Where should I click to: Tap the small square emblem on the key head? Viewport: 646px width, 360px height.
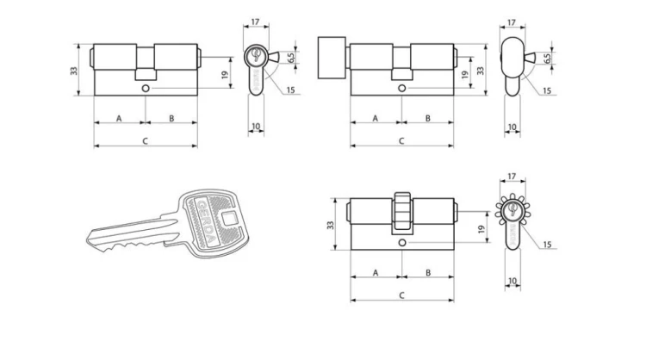point(229,218)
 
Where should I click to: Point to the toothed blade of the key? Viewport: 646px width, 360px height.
point(130,237)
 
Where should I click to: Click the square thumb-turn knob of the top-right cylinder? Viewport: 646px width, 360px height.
point(332,58)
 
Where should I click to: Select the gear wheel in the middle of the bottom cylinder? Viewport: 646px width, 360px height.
point(402,213)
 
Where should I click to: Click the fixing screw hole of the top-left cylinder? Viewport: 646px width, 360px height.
point(146,88)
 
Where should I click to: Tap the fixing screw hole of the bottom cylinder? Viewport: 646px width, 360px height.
point(402,243)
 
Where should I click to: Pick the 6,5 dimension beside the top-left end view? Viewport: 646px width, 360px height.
point(292,58)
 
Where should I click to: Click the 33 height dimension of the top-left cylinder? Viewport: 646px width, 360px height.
point(74,71)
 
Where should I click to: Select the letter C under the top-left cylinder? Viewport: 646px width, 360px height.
point(145,141)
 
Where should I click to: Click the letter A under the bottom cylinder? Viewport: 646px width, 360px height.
point(376,273)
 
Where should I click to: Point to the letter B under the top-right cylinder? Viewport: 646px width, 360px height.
point(427,118)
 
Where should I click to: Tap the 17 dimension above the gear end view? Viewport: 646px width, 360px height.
point(512,177)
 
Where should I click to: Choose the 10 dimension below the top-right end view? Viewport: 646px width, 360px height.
point(512,127)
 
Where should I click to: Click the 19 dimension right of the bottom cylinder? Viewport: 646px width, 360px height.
point(481,229)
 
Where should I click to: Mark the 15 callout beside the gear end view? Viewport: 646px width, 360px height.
point(547,245)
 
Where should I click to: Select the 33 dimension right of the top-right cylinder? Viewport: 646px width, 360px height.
point(481,71)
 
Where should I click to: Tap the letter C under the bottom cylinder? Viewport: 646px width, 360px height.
point(401,295)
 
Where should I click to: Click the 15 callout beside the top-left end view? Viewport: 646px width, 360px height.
point(290,90)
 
